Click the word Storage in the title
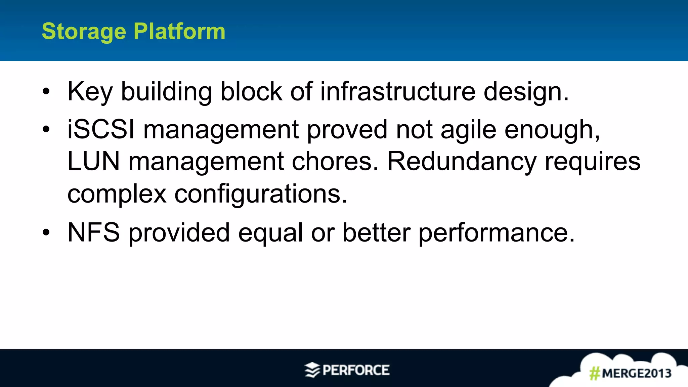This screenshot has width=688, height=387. [84, 32]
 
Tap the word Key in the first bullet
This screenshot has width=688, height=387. [90, 92]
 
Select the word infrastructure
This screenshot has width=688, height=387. [398, 91]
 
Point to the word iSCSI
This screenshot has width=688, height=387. [101, 130]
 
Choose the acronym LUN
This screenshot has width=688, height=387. [93, 161]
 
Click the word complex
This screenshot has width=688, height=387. [117, 194]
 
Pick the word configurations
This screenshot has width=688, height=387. [260, 194]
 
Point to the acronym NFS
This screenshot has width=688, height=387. [93, 232]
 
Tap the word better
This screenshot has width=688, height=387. [376, 232]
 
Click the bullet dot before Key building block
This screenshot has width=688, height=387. [46, 91]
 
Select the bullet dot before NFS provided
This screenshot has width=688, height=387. [46, 232]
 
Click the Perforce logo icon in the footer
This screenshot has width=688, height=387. [312, 370]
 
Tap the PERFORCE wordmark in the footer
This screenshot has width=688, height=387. [356, 370]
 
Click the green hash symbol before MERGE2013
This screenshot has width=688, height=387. [595, 373]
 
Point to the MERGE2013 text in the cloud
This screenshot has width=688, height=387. [637, 373]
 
